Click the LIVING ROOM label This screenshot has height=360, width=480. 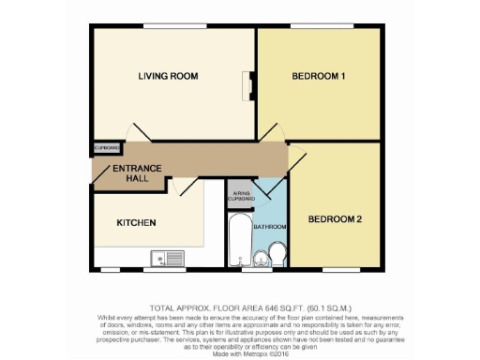pyautogui.click(x=168, y=77)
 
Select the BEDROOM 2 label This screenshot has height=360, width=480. pyautogui.click(x=334, y=219)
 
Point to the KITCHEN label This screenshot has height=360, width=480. pyautogui.click(x=136, y=223)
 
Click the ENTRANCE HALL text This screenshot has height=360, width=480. pyautogui.click(x=138, y=173)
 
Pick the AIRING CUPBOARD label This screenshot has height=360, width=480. pyautogui.click(x=241, y=194)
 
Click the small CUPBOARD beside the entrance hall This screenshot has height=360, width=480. pyautogui.click(x=106, y=148)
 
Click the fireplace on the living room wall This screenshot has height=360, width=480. pyautogui.click(x=250, y=85)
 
